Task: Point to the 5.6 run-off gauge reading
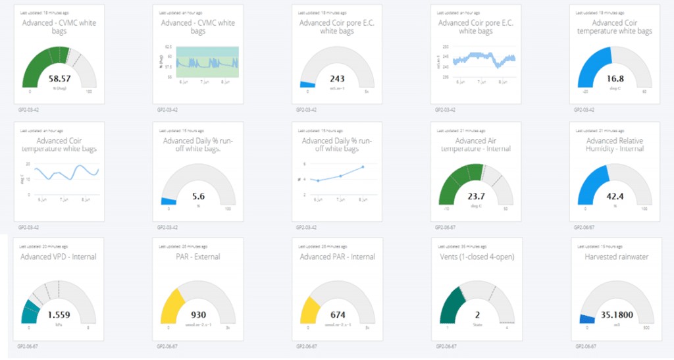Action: (198, 196)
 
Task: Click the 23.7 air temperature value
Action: (476, 196)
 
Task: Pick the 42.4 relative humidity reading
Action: (615, 196)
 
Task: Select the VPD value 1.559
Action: (59, 315)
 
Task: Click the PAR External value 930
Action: (198, 315)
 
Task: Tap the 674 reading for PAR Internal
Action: (337, 315)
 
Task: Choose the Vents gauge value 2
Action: (476, 315)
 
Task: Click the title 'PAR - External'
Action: (198, 257)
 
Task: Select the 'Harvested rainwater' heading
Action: (615, 257)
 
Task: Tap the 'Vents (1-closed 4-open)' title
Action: (476, 257)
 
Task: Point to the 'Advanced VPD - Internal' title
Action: (59, 257)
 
